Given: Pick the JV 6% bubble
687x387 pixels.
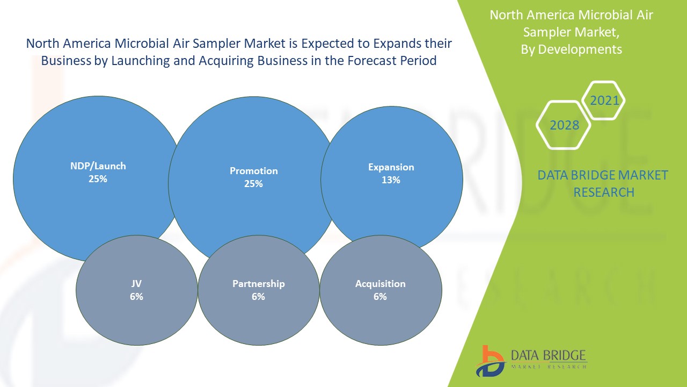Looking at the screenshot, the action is (136, 290).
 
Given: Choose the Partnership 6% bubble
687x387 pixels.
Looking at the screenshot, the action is (259, 290).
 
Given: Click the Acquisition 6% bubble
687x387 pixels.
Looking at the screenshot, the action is (381, 290).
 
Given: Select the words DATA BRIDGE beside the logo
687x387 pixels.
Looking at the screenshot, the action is (549, 356).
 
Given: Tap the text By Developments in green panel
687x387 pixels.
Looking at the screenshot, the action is (571, 49).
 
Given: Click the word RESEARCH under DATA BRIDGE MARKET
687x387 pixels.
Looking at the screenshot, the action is (604, 192).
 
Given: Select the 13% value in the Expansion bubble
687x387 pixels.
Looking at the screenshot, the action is (391, 180).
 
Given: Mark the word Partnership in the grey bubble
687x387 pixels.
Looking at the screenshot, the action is (259, 284).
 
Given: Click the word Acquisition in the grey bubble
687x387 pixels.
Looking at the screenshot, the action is (381, 284).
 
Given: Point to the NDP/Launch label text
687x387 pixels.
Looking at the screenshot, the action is (98, 166).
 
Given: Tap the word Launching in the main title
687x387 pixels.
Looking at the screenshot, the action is (140, 61).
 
